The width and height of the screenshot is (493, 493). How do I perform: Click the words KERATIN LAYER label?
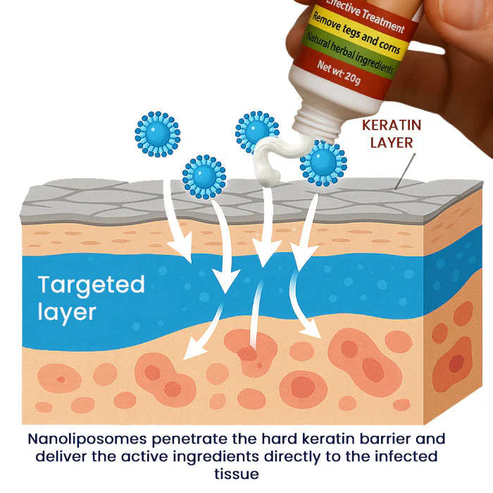pyautogui.click(x=392, y=134)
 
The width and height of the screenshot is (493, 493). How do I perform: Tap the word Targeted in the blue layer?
pyautogui.click(x=91, y=285)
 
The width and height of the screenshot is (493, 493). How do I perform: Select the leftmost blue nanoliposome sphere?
pyautogui.click(x=157, y=133)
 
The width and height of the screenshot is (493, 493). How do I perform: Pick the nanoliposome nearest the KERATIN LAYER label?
pyautogui.click(x=323, y=163)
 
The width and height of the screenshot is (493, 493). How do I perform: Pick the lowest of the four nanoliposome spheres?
pyautogui.click(x=204, y=177)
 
